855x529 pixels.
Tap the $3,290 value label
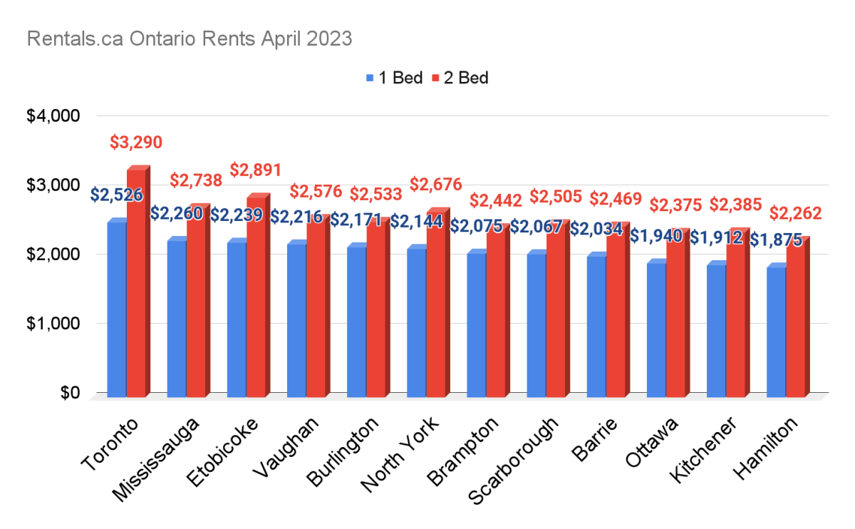click(x=136, y=142)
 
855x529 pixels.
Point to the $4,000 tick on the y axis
click(x=53, y=115)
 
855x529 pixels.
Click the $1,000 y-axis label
click(x=53, y=324)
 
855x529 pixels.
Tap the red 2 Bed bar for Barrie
click(x=616, y=311)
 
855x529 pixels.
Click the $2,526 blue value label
click(x=117, y=194)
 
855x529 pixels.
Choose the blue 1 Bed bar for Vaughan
click(x=296, y=320)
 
